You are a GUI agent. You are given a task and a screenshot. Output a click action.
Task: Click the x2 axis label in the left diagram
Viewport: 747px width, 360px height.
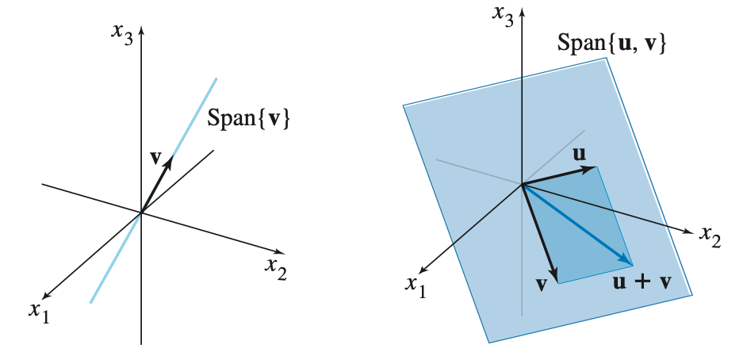point(276,270)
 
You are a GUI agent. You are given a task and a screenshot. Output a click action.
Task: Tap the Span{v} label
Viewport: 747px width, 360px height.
point(248,119)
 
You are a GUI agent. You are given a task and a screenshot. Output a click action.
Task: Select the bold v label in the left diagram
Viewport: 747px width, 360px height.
point(156,156)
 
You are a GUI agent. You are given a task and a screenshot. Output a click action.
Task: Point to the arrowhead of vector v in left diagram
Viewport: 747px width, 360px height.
point(170,161)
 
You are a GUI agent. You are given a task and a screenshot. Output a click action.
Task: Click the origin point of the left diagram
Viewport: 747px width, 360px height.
point(141,213)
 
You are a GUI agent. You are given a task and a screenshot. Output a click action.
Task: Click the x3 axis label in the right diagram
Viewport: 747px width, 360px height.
point(503,16)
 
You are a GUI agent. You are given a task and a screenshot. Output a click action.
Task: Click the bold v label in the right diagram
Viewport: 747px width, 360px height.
point(542,284)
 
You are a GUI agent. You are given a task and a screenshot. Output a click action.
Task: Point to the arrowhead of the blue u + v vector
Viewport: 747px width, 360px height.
point(630,263)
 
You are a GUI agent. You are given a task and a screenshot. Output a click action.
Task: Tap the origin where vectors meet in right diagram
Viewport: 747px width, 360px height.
point(522,185)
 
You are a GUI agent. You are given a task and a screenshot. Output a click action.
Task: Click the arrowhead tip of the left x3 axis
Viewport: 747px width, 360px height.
point(141,29)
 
